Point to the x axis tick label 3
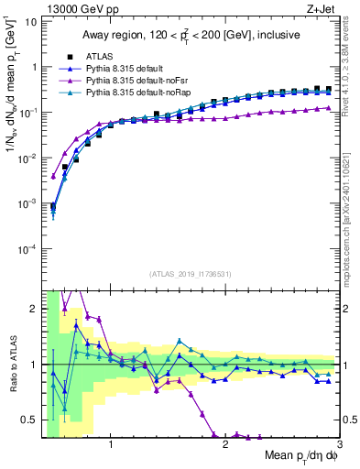[x=339, y=445]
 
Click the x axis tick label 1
[x=111, y=445]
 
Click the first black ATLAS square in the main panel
[x=53, y=206]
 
